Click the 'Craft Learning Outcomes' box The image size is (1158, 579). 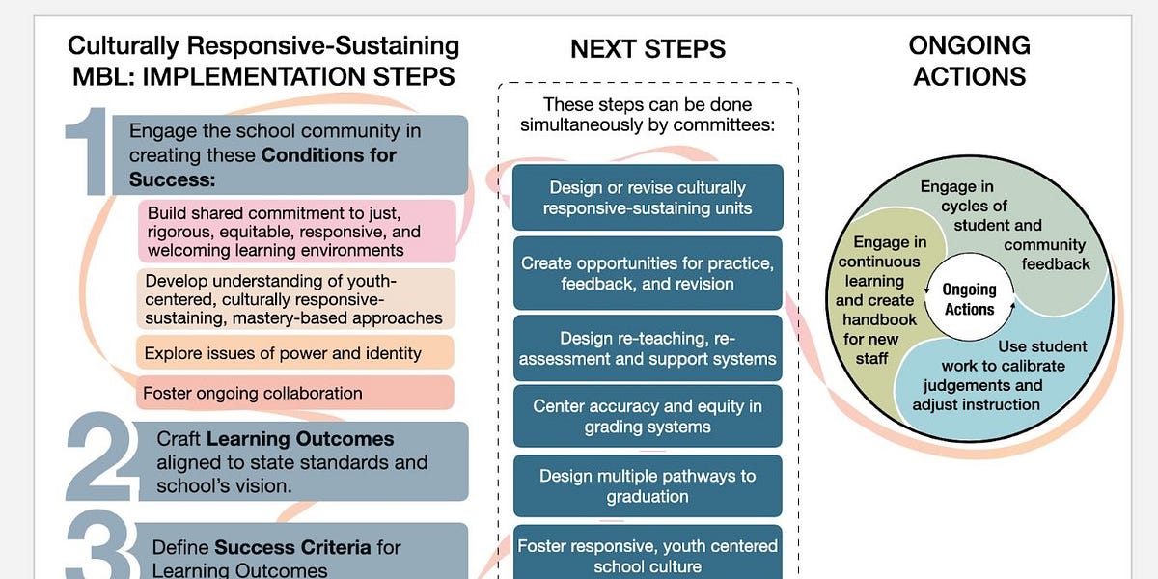[299, 461]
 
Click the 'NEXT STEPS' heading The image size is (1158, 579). [648, 49]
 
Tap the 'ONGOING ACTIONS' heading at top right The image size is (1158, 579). [969, 60]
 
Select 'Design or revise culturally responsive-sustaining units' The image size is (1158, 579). [648, 198]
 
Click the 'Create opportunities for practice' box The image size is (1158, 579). [648, 273]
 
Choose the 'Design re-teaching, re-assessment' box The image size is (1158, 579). [648, 348]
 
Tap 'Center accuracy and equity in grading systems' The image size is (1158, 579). [648, 416]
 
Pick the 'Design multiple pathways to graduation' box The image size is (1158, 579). [648, 485]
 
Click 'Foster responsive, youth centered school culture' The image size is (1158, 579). [648, 554]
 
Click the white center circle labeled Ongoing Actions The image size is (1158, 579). [969, 299]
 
